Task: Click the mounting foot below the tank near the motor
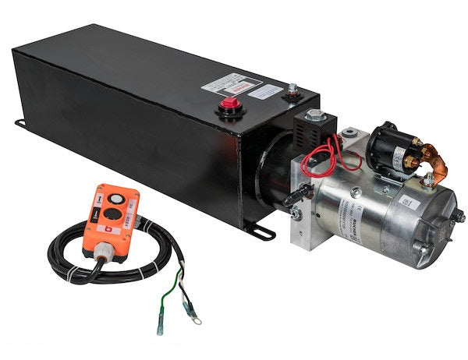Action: click(261, 231)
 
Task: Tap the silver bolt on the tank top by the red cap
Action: click(292, 91)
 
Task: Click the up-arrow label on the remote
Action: click(99, 202)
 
